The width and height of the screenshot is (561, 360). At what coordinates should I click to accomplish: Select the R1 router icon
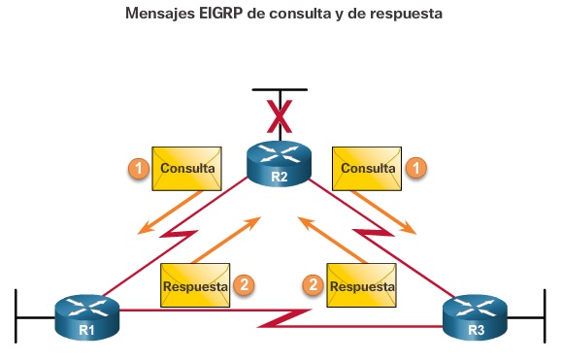(86, 317)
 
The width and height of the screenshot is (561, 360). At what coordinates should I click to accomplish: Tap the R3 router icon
(475, 317)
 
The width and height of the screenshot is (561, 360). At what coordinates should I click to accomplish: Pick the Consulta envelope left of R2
(188, 168)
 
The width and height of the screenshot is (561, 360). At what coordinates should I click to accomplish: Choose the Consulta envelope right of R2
(367, 168)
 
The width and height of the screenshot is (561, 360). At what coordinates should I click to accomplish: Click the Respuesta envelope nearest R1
(195, 286)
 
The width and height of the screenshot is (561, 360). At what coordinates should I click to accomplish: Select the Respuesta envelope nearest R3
(362, 286)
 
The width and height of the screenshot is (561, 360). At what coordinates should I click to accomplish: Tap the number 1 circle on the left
(140, 168)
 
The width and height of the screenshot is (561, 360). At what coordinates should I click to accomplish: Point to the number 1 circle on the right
(415, 168)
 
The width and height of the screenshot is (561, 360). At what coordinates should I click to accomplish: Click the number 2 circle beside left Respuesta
(245, 285)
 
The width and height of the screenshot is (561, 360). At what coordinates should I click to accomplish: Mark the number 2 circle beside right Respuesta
(313, 285)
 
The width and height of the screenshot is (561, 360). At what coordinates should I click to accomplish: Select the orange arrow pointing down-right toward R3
(384, 212)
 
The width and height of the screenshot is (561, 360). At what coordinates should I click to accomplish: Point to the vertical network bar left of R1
(16, 315)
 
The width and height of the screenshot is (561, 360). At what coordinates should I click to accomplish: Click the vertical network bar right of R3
(544, 315)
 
